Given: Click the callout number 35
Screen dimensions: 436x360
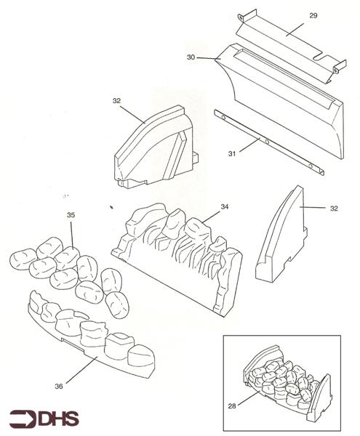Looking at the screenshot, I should pos(71,216).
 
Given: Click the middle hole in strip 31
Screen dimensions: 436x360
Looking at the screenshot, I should pos(268,140).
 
